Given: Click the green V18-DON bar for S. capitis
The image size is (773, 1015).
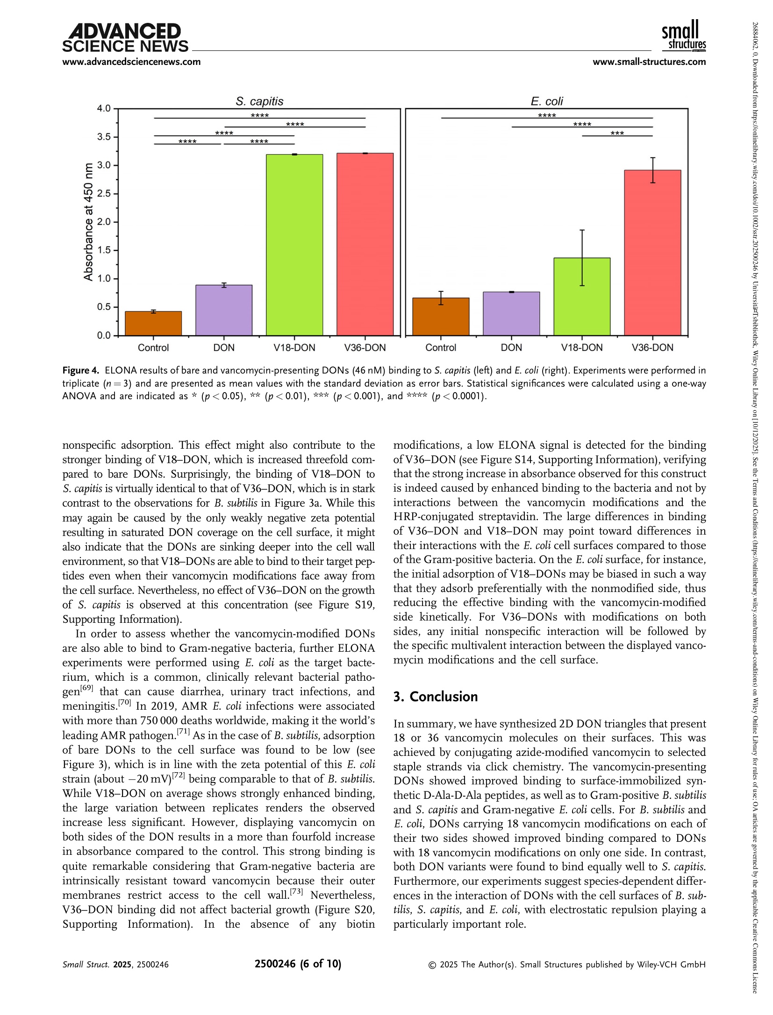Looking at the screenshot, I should click(294, 245).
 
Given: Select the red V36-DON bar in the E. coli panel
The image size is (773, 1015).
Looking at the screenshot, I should click(652, 253).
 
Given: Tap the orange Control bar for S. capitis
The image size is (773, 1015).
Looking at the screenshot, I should click(153, 323).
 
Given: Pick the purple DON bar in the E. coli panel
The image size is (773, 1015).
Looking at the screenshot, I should click(511, 313).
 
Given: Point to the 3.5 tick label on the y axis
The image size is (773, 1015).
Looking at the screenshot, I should click(104, 137).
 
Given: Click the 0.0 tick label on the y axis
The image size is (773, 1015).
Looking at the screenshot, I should click(104, 336).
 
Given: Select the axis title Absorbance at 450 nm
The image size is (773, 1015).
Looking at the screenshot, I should click(88, 222).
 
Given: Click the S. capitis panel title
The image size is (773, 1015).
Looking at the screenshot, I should click(259, 101).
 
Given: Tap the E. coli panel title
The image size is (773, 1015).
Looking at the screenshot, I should click(547, 101).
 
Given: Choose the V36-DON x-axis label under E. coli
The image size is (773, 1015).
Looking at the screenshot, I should click(652, 348).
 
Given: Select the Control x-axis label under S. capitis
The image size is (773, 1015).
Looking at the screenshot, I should click(153, 348).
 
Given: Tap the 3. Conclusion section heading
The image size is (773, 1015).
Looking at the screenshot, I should click(435, 697).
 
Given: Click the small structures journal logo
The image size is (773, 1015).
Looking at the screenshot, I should click(683, 35).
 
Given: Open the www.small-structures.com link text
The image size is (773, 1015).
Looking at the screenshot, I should click(649, 62).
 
